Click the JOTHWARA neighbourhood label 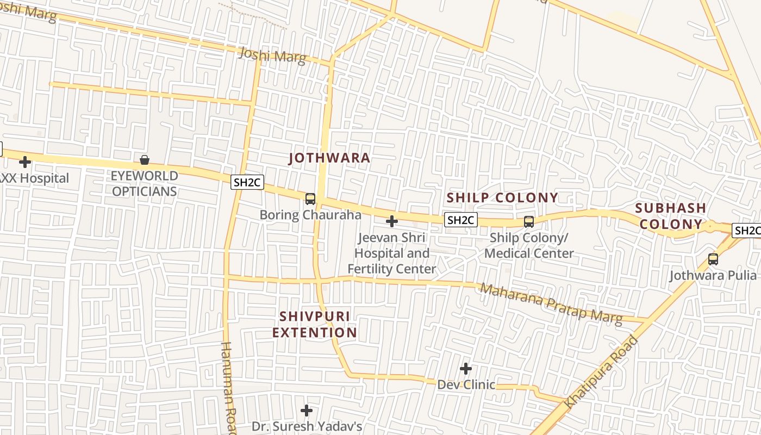[329, 158]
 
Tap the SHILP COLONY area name [502, 197]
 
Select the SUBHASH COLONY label [671, 216]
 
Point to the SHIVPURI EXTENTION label [315, 324]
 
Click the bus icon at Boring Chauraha [310, 199]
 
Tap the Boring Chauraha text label [310, 215]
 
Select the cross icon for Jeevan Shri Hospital [391, 221]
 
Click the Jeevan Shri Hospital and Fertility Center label [391, 253]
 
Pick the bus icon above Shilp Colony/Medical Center [528, 221]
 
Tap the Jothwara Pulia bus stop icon [713, 259]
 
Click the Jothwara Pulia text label [713, 275]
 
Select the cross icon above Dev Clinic [466, 369]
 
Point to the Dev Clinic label [466, 385]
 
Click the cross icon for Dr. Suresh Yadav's [307, 410]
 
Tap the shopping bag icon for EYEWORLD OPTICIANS [145, 160]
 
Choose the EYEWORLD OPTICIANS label [144, 184]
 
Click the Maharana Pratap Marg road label [551, 303]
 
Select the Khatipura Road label [602, 372]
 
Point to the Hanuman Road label [229, 387]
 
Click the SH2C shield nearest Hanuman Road [247, 182]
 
